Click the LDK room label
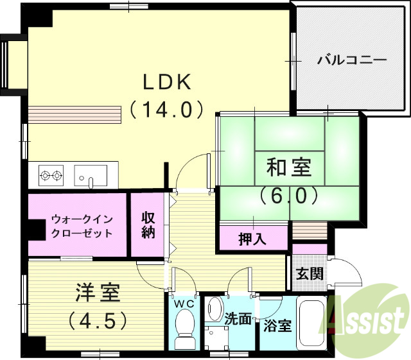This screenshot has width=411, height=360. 166,81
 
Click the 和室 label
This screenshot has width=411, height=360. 289,168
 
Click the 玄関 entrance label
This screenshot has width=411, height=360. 310,273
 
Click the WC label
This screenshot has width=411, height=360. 185,302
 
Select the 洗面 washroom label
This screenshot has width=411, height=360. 238,318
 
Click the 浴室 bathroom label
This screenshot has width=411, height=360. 277,325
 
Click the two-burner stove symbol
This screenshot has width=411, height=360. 51,175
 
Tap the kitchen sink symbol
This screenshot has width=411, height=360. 91,175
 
